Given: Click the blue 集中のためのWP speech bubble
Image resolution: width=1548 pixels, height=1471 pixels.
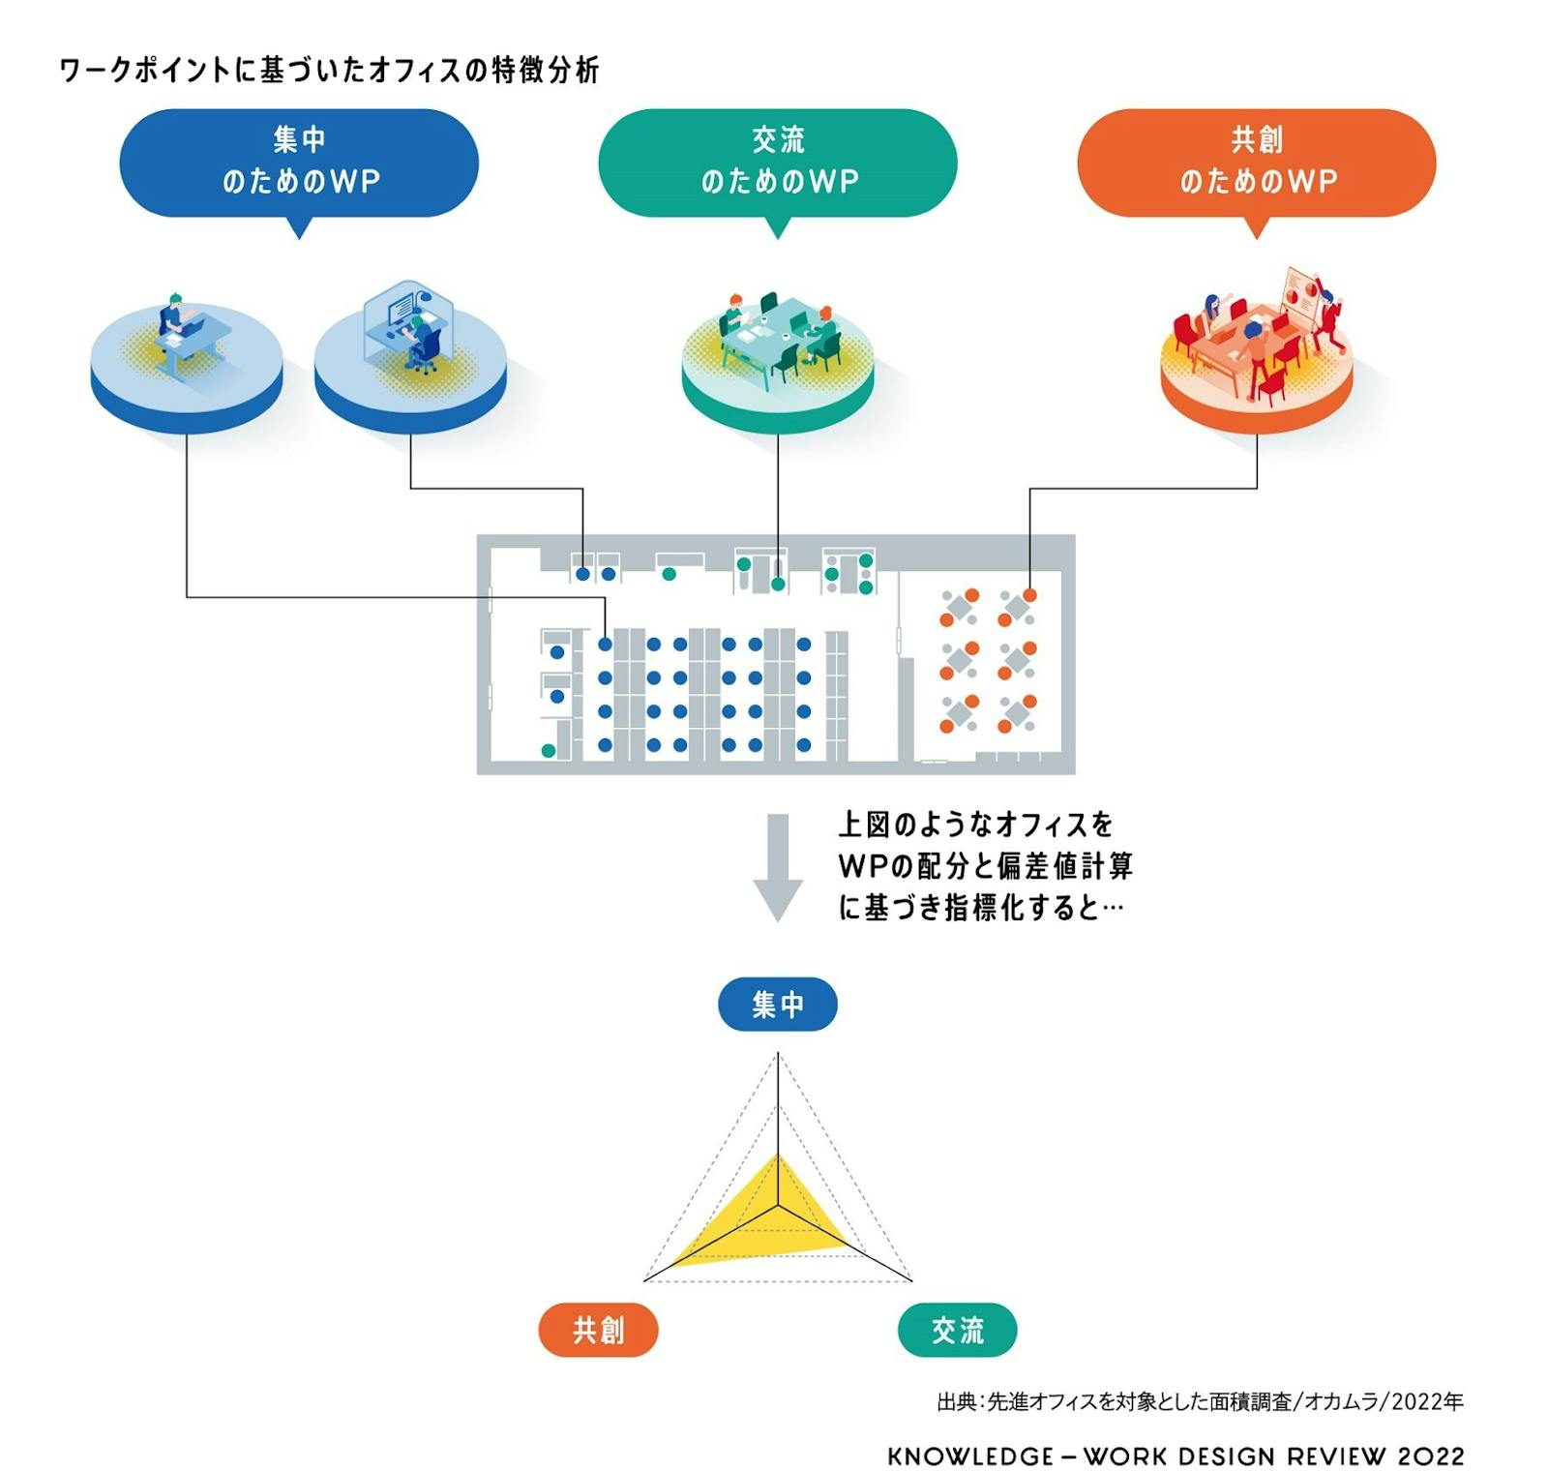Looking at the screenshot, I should (x=298, y=162).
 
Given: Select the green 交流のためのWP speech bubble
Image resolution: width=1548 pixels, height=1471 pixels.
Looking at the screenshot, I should (x=777, y=162).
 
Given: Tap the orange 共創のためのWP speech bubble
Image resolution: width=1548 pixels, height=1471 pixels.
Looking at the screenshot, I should (x=1256, y=162).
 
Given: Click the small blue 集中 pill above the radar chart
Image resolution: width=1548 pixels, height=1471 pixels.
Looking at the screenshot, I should (x=777, y=1004).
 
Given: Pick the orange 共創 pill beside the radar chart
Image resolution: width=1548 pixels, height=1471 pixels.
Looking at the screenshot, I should (x=598, y=1330).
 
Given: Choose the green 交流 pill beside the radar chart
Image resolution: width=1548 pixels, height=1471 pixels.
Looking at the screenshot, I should (x=957, y=1330).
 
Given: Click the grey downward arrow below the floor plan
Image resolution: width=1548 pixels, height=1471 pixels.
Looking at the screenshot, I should (x=777, y=866).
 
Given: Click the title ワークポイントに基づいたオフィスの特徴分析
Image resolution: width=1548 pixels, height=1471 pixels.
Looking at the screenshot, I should (x=329, y=70).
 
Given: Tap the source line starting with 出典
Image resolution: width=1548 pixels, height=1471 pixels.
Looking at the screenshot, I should (x=1200, y=1400).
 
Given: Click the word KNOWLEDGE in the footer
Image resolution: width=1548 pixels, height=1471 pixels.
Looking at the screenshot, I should (x=970, y=1456).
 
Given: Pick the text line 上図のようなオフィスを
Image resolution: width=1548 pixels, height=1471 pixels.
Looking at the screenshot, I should (x=975, y=825).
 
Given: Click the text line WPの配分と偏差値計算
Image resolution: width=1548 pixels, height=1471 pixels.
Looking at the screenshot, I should (x=985, y=865).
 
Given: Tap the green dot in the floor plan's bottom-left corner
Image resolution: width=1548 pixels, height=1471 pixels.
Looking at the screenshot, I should (x=549, y=750).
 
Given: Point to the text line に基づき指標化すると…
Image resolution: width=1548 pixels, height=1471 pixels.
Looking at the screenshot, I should (x=979, y=907).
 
